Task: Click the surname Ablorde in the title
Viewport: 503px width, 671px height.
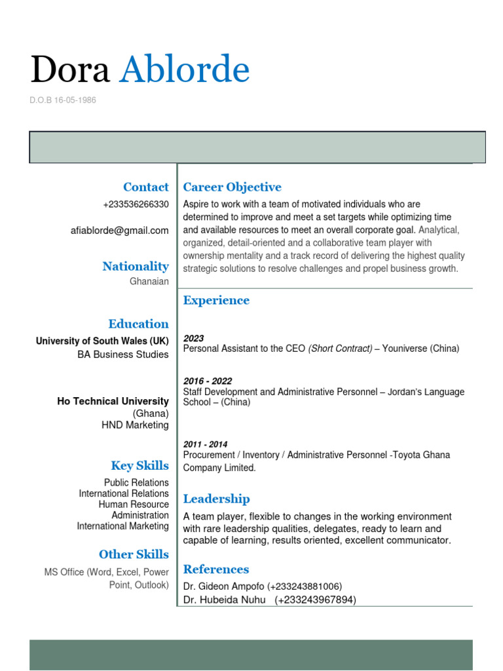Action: pos(184,70)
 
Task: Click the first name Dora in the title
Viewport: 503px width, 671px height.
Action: pos(70,70)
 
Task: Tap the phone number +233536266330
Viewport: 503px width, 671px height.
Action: pos(136,204)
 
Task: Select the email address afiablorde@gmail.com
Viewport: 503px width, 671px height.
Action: pos(119,231)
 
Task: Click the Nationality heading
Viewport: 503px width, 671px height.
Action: pos(135,266)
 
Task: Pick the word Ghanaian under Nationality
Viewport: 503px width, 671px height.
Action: pos(149,282)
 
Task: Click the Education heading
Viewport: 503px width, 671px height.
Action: pos(138,324)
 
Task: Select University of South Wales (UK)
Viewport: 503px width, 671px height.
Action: pos(102,341)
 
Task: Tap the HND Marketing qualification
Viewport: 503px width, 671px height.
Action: pos(135,425)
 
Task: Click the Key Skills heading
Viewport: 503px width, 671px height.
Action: pos(140,466)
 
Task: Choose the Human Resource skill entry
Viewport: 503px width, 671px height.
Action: pos(134,505)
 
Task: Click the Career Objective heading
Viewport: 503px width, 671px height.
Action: pos(232,187)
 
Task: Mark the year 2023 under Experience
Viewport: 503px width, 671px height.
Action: pos(193,338)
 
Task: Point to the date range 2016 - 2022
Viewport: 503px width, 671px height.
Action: pos(208,381)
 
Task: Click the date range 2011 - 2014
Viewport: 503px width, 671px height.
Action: pos(206,444)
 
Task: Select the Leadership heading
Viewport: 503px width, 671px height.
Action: pos(216,499)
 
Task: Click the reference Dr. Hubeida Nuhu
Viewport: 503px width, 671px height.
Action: pos(224,600)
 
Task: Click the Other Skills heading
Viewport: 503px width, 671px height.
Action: pos(134,554)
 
